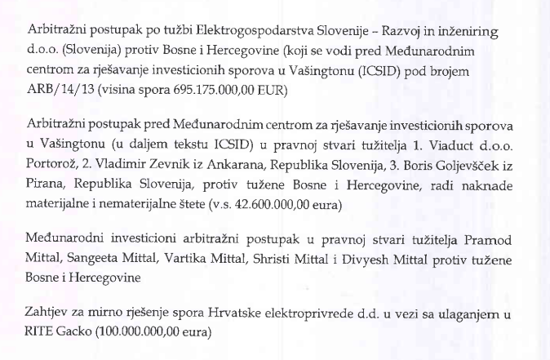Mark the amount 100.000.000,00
tap(145, 333)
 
